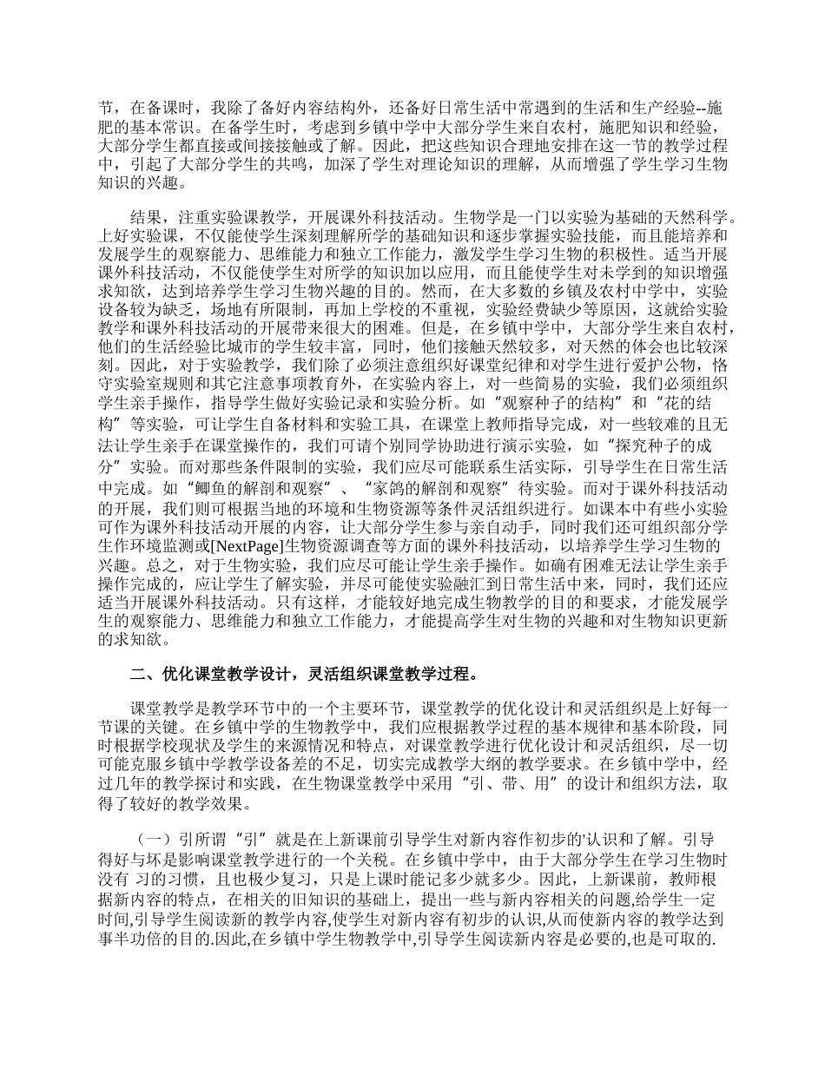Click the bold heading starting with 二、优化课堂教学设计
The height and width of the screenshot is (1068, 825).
point(303,674)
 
